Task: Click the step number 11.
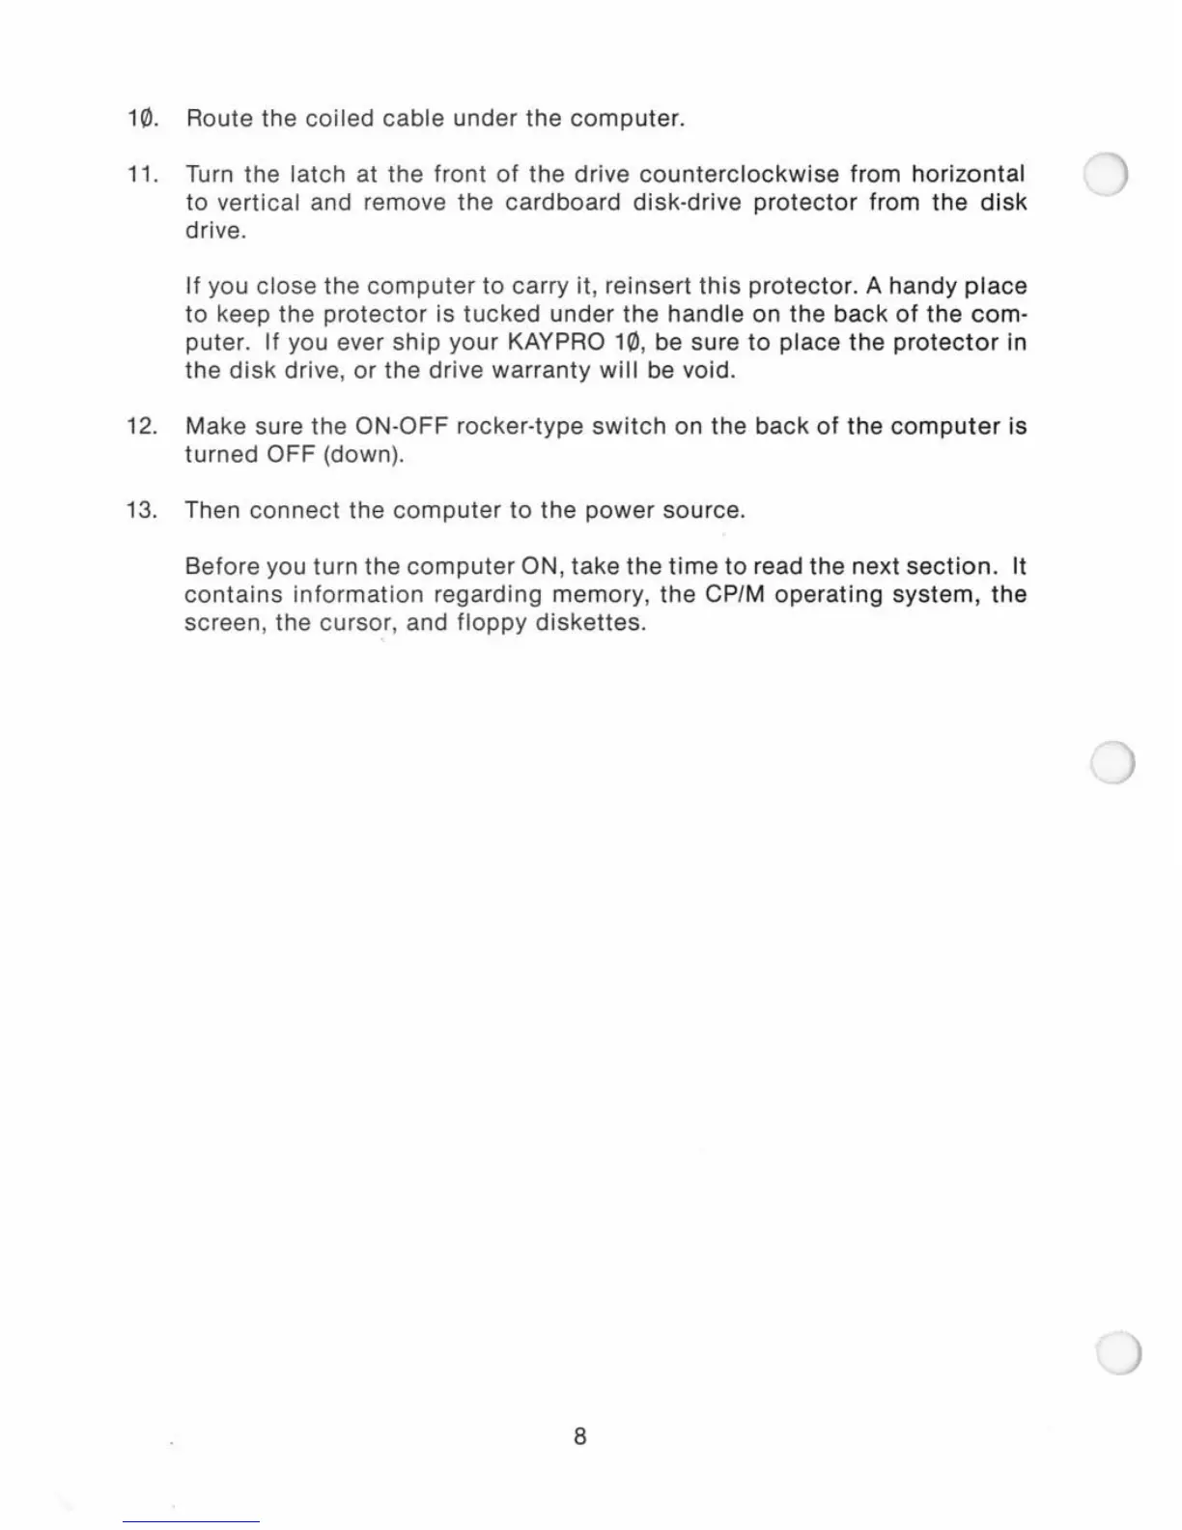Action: (142, 175)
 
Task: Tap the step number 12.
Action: (142, 427)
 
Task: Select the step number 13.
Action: (142, 511)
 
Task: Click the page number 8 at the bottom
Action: (579, 1436)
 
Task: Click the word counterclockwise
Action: (739, 175)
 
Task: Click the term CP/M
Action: (735, 595)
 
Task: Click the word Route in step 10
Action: (219, 119)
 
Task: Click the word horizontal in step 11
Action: (968, 175)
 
